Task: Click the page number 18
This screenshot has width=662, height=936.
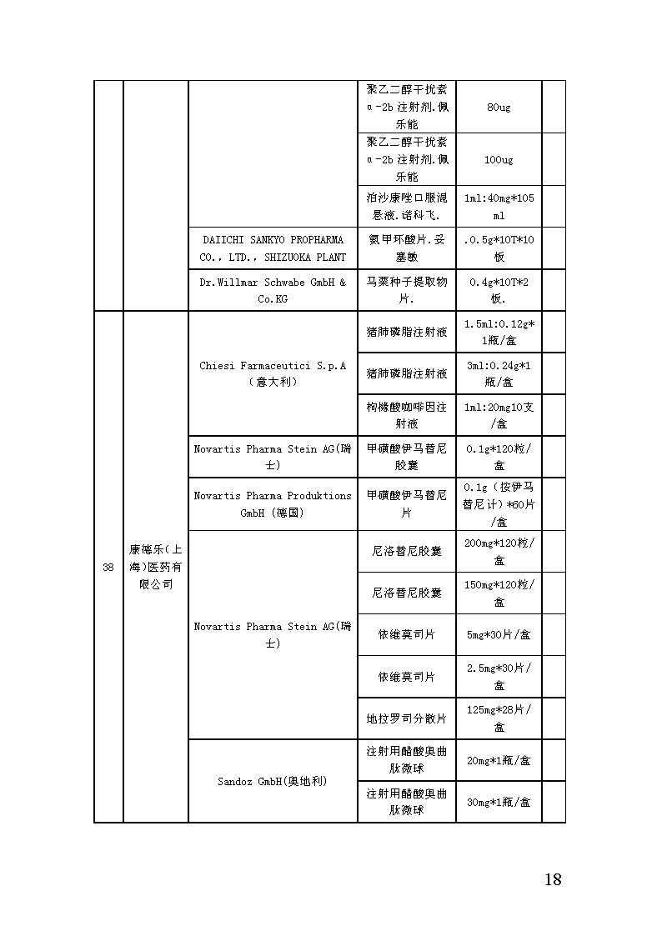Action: tap(552, 879)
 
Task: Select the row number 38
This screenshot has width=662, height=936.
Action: tap(108, 568)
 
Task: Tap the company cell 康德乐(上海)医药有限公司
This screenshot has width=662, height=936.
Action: tap(156, 567)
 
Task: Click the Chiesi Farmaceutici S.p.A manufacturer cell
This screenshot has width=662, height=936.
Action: tap(273, 373)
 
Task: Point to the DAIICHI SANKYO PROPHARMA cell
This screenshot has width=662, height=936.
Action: tap(273, 248)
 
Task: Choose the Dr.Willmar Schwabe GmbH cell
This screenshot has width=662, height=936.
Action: tap(273, 290)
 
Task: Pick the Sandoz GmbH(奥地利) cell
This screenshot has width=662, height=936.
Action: tap(273, 781)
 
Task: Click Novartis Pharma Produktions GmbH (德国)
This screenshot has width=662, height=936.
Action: tap(273, 504)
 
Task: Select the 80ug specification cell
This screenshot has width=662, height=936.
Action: tap(499, 108)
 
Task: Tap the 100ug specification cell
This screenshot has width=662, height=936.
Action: tap(499, 159)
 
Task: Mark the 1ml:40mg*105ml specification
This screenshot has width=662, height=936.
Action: tap(499, 206)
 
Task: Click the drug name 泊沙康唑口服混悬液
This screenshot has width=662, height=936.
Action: tap(407, 206)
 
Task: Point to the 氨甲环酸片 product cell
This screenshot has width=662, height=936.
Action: tap(407, 248)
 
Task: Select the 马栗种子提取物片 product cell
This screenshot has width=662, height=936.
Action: tap(407, 290)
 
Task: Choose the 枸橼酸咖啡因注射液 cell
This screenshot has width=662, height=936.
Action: tap(407, 415)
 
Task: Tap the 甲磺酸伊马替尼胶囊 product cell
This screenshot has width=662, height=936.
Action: tap(407, 457)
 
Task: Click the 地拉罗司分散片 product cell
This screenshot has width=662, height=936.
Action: tap(407, 718)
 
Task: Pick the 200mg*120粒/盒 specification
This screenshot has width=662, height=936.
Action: tap(499, 551)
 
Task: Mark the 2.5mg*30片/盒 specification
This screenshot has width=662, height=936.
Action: tap(499, 676)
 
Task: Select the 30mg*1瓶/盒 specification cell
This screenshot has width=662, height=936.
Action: tap(499, 802)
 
